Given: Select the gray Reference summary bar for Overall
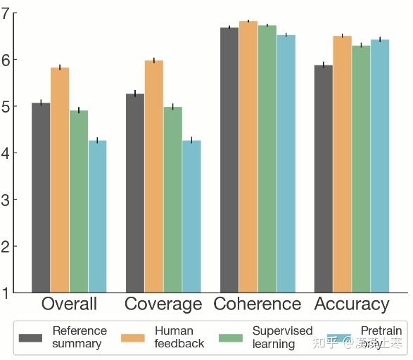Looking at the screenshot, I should [41, 198].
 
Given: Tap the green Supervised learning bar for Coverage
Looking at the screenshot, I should [172, 200].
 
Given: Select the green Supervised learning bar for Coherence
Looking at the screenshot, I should [267, 159].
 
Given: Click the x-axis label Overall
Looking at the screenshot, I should [69, 304].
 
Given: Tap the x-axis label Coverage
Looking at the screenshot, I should [163, 304].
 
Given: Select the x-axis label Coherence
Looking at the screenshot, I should [258, 304].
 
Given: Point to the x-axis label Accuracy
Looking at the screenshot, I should [352, 304].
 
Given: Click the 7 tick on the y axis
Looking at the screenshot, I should [7, 13].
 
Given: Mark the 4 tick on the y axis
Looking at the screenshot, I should [7, 153].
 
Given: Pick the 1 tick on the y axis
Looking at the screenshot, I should [7, 293].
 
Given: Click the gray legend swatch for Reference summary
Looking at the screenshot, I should [32, 337].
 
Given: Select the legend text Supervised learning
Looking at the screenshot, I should [282, 337].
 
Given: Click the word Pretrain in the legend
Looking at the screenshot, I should [381, 330].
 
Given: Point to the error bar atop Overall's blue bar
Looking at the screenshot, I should [97, 141].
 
